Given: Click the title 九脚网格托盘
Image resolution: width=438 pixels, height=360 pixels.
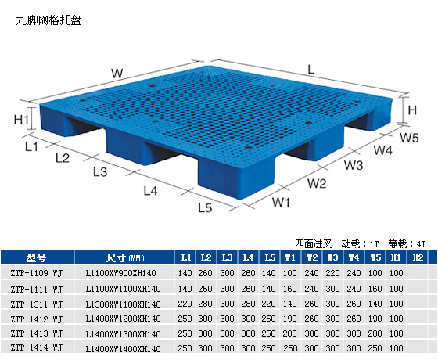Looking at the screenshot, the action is coord(48,20).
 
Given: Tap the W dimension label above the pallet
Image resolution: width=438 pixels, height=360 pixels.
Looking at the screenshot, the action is coord(117,74).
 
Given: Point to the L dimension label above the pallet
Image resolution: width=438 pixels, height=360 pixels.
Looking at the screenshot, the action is coord(311,69).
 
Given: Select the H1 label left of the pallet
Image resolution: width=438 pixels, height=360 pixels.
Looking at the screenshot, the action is coord(21,120).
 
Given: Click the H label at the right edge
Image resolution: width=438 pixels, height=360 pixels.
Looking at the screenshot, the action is coord(412,110).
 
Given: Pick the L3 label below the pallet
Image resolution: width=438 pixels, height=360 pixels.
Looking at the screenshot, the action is coord(100,172).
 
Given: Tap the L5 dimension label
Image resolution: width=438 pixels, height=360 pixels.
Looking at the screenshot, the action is coord(205,207).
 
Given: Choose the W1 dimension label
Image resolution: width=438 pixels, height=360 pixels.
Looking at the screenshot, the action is coord(281,202).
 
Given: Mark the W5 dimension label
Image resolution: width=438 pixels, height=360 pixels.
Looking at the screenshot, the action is coord(409,138).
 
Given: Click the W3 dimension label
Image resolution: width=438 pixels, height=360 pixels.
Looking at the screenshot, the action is coord(354,165).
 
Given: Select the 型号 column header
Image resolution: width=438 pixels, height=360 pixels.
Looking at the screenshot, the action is coord(36,257).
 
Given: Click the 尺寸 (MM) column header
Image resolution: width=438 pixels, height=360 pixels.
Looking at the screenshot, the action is coord(125,257).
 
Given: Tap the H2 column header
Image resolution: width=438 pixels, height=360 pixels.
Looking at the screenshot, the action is coord(418,257).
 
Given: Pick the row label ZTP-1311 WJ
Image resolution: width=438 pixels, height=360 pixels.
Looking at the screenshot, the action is coord(37,304).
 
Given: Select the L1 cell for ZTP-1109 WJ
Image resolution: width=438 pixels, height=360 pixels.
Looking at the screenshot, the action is coord(185,273).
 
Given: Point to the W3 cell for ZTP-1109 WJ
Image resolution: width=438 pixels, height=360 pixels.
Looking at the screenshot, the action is coord(332,273).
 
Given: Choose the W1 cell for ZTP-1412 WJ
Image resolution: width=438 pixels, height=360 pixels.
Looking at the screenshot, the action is coord(289,319).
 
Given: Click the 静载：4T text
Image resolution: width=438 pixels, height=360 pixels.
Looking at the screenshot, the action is coord(407,244).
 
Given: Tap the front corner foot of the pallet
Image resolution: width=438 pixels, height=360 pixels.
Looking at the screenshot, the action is coord(235,179).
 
